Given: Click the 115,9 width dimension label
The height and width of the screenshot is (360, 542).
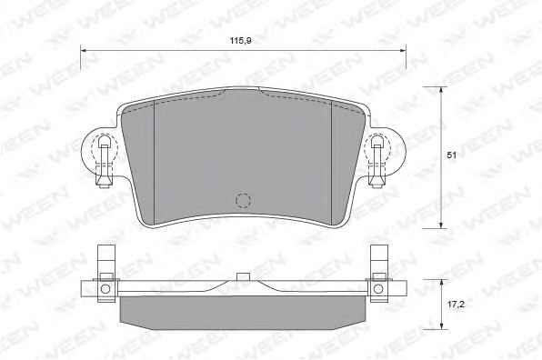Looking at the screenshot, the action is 241,41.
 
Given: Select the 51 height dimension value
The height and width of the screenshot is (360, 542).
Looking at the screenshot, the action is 451,155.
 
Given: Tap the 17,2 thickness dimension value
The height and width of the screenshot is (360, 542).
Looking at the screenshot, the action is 456,305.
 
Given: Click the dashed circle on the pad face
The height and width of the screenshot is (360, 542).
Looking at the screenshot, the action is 243,200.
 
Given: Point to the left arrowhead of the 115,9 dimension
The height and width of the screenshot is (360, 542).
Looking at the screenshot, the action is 83,50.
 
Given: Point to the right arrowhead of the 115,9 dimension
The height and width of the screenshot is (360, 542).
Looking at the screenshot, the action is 403,50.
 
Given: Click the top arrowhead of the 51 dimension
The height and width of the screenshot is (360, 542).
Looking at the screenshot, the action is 441,89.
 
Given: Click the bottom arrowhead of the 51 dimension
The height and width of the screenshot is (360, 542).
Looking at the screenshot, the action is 441,225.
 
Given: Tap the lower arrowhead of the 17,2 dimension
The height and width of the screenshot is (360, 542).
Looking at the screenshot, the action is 441,326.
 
